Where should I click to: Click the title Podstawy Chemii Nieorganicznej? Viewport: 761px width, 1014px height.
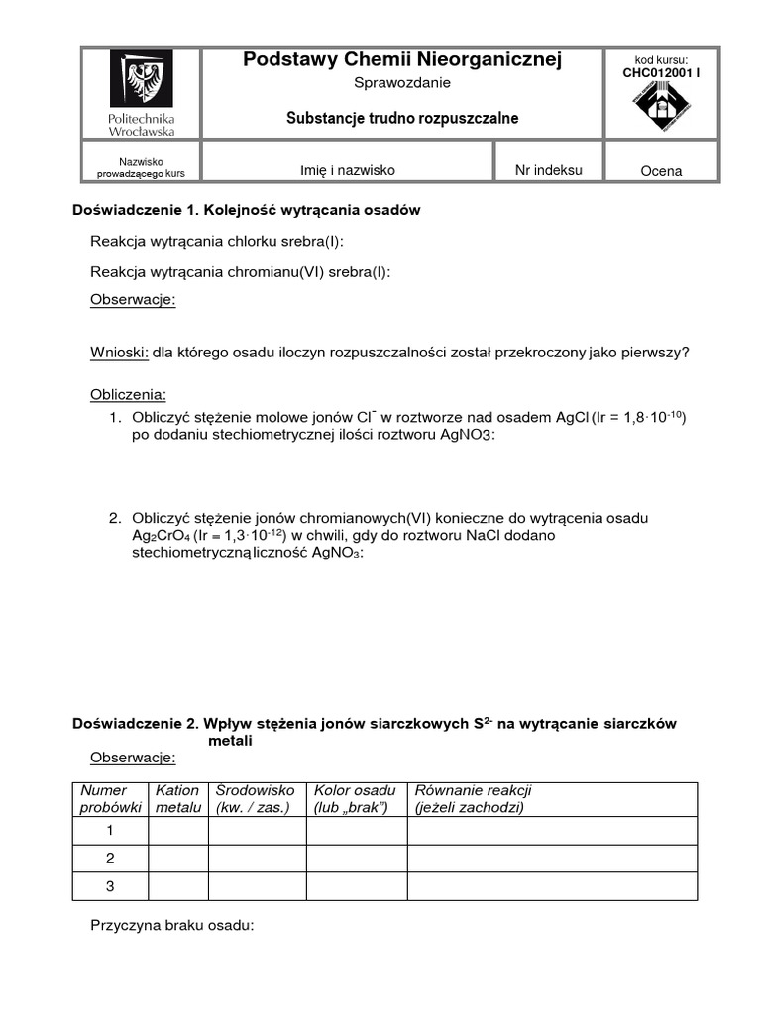pyautogui.click(x=402, y=61)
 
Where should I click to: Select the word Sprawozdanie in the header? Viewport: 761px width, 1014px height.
pyautogui.click(x=401, y=83)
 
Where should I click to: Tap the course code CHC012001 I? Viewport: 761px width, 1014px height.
pyautogui.click(x=661, y=72)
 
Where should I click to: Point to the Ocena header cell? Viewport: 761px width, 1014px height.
pyautogui.click(x=661, y=171)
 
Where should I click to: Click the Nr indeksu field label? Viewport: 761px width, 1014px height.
pyautogui.click(x=549, y=170)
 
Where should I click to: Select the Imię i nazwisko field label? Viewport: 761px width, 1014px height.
pyautogui.click(x=348, y=170)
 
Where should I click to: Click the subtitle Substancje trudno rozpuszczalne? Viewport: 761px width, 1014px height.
pyautogui.click(x=402, y=118)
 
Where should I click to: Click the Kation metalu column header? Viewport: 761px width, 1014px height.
pyautogui.click(x=177, y=799)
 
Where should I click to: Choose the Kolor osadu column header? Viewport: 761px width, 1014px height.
pyautogui.click(x=355, y=799)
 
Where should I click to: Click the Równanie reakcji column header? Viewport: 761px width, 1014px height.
pyautogui.click(x=474, y=799)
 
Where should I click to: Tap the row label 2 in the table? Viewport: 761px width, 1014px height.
pyautogui.click(x=110, y=858)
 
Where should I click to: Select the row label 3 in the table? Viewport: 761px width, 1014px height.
pyautogui.click(x=110, y=886)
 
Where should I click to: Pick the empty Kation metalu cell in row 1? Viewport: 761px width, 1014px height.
pyautogui.click(x=177, y=830)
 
